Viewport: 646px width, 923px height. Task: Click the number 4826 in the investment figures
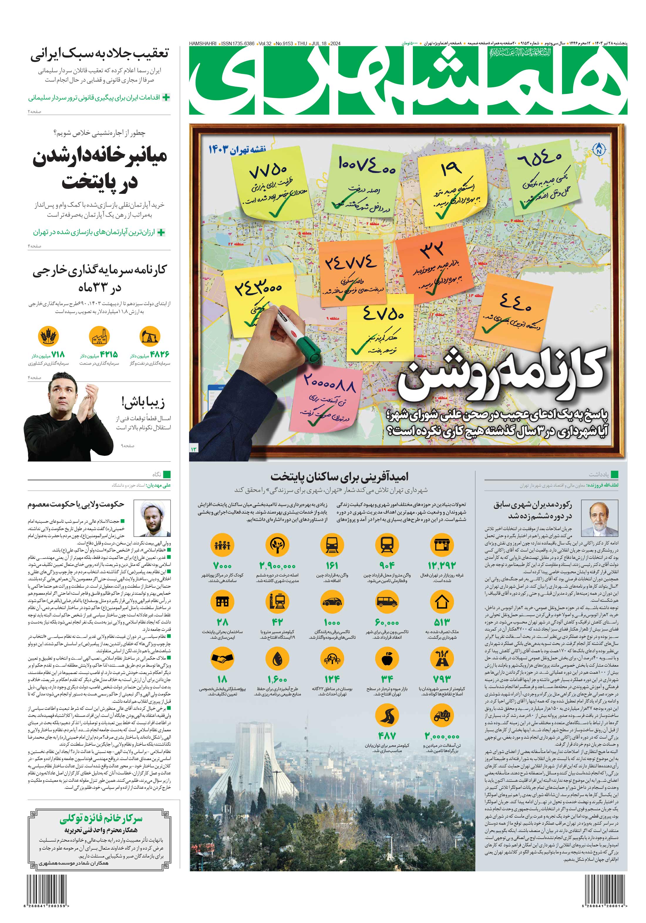pos(159,354)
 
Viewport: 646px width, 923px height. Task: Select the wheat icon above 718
pos(48,336)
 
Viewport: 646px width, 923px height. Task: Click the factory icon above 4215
pos(99,336)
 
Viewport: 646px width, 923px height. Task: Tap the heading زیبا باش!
pos(143,402)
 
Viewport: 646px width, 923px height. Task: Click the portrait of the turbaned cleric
pos(152,519)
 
